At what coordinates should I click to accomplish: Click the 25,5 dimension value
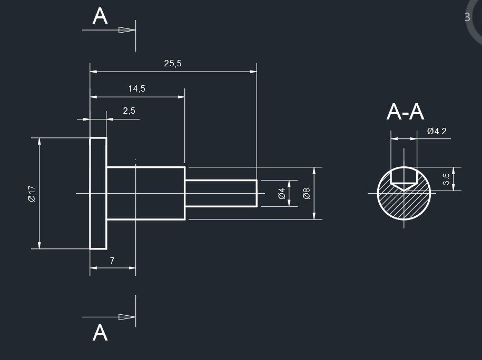[x=173, y=63]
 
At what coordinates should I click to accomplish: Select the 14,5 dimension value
[x=136, y=89]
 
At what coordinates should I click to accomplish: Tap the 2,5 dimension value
[x=129, y=111]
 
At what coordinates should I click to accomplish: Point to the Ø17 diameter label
[x=31, y=193]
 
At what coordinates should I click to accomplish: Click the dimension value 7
[x=112, y=260]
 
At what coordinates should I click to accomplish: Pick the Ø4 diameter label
[x=281, y=193]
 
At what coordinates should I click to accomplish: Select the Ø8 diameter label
[x=307, y=193]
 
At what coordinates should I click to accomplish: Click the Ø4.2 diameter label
[x=437, y=131]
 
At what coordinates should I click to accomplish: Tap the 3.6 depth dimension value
[x=446, y=179]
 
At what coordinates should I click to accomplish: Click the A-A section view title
[x=405, y=112]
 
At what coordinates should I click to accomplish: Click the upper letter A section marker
[x=100, y=16]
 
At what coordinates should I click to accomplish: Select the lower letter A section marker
[x=100, y=333]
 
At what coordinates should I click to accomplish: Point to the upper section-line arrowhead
[x=127, y=30]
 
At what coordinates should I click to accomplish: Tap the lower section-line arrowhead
[x=127, y=317]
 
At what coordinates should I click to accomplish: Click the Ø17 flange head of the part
[x=98, y=193]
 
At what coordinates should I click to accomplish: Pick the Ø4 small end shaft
[x=221, y=193]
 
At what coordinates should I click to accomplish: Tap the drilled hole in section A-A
[x=404, y=177]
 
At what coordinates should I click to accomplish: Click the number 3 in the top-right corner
[x=467, y=17]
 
